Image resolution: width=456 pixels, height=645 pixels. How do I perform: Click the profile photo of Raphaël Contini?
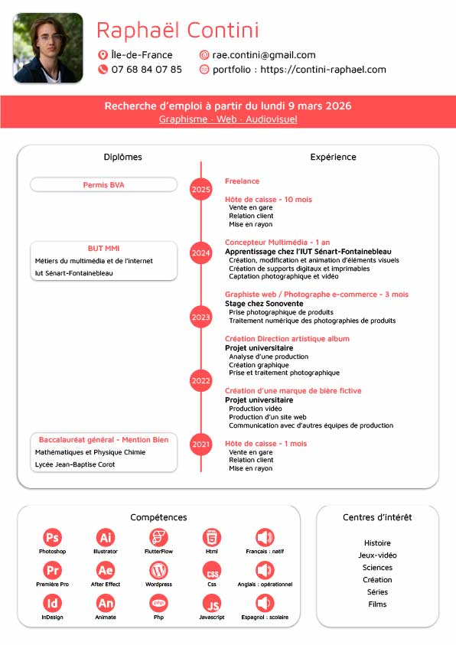[48, 47]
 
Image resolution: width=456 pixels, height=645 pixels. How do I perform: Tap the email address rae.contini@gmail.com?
[263, 55]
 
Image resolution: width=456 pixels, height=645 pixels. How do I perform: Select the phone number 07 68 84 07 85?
[147, 70]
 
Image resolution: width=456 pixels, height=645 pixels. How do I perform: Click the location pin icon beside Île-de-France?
[103, 55]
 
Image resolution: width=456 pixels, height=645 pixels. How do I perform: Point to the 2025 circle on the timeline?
[201, 189]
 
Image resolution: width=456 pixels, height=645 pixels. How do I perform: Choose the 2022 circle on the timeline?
[201, 380]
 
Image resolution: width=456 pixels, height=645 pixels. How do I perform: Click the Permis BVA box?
[103, 184]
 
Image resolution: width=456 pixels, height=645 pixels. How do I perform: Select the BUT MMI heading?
[103, 249]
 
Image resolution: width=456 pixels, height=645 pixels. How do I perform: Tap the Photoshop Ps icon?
[53, 537]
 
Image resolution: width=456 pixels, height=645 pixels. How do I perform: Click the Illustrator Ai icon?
[106, 537]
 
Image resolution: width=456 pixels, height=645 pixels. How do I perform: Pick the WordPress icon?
[158, 570]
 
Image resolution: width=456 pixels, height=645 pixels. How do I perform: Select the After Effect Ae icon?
[106, 571]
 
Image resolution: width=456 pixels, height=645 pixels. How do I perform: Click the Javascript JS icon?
[212, 604]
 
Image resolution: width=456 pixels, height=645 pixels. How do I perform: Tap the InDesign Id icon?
[53, 604]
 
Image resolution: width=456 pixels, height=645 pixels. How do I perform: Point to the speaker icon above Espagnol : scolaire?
[265, 604]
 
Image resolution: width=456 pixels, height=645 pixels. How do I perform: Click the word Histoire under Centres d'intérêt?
[377, 543]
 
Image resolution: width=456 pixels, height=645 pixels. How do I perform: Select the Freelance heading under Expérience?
[242, 181]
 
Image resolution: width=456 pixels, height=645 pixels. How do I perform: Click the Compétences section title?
[158, 518]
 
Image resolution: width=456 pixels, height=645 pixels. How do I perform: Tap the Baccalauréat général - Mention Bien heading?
[103, 440]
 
